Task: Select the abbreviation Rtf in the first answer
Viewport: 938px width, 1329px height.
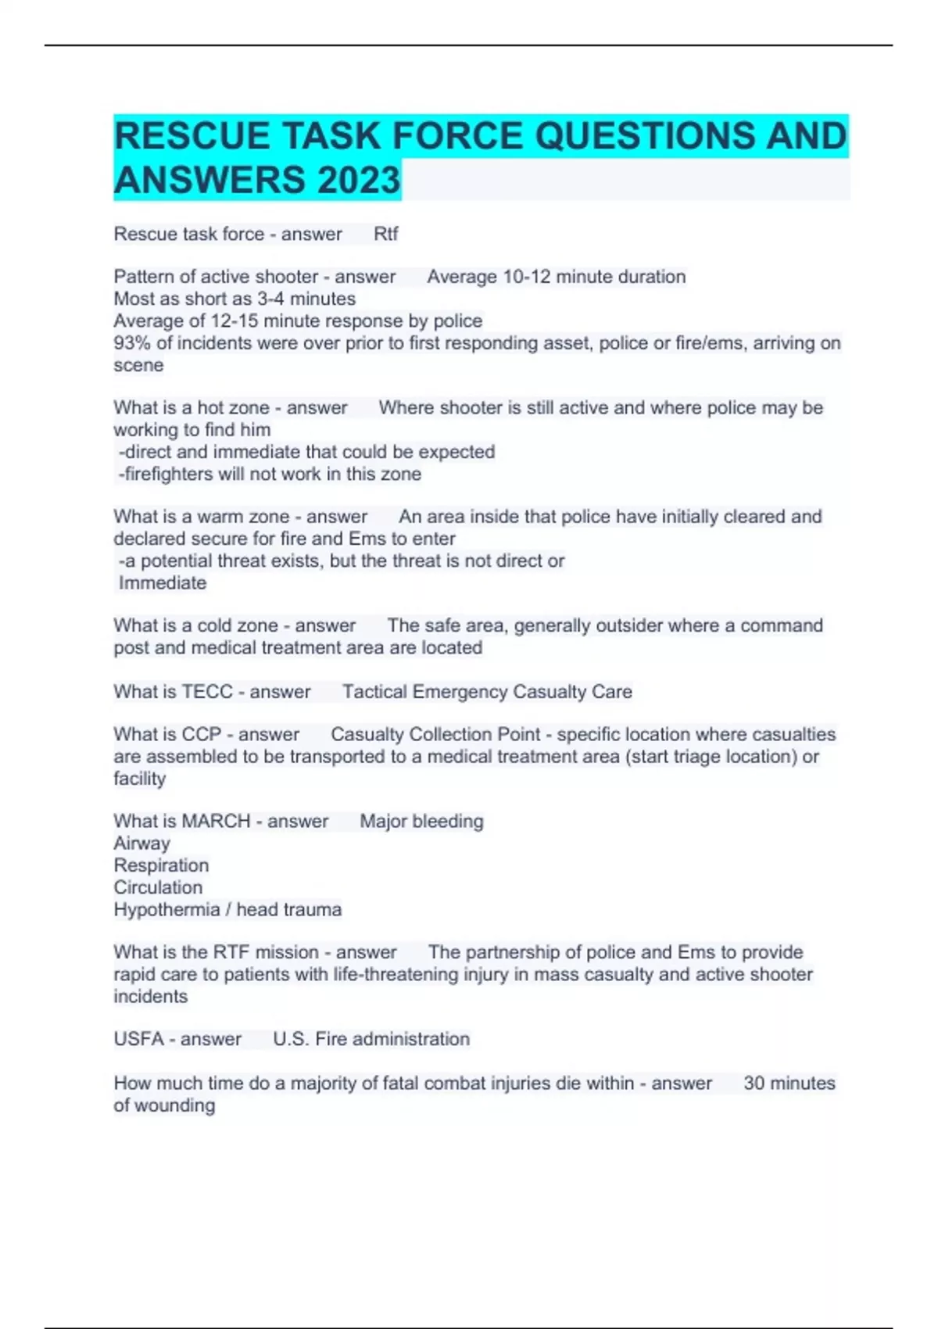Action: click(386, 234)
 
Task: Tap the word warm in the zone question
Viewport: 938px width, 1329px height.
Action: click(220, 517)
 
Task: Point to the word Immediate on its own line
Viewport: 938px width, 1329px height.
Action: click(163, 583)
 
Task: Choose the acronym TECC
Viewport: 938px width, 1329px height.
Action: click(207, 692)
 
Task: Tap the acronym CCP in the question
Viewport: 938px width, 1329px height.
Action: click(201, 735)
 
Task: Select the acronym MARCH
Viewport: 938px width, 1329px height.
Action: click(215, 822)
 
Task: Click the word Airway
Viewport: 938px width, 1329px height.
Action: click(141, 844)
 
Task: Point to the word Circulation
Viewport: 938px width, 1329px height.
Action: click(158, 888)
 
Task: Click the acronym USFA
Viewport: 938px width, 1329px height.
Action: click(138, 1039)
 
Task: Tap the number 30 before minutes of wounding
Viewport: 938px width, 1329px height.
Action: click(754, 1084)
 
